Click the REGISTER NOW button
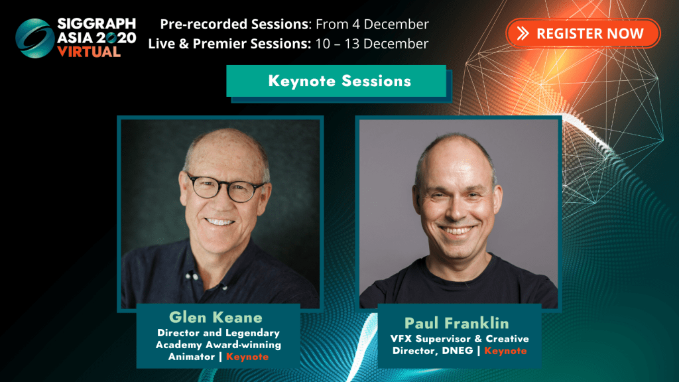click(x=583, y=33)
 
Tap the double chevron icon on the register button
click(x=523, y=33)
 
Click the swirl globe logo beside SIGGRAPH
click(x=34, y=38)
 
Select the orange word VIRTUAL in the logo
click(x=89, y=52)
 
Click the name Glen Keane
click(x=216, y=318)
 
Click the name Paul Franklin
click(x=456, y=323)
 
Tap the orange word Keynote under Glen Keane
click(x=247, y=357)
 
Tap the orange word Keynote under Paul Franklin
click(x=505, y=351)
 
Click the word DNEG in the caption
click(x=458, y=351)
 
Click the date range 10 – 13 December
click(x=371, y=44)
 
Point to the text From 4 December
click(x=372, y=25)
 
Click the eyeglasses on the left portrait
click(x=225, y=188)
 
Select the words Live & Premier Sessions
click(x=229, y=44)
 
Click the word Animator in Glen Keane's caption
click(x=192, y=357)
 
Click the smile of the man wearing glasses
click(x=220, y=222)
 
